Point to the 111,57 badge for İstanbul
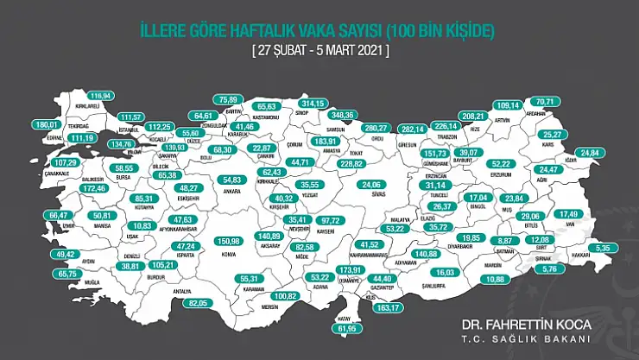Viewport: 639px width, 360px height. point(132,117)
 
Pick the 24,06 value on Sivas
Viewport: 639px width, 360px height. point(372,184)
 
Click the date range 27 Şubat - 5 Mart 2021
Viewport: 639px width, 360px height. point(319,50)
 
